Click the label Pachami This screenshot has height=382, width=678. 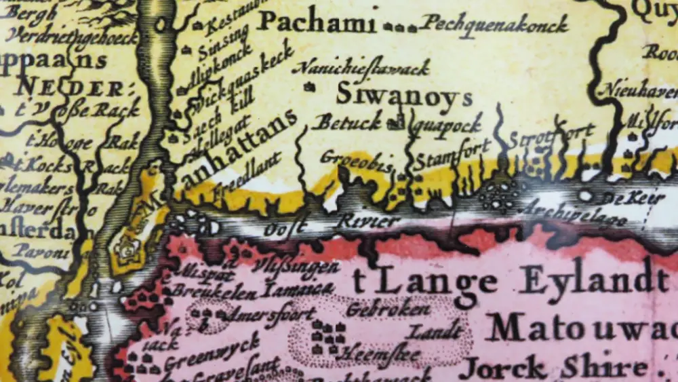pos(316,22)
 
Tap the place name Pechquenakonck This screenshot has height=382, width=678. pos(494,24)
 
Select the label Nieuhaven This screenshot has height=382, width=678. pos(634,89)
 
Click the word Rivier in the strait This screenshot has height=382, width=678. pos(369,221)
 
